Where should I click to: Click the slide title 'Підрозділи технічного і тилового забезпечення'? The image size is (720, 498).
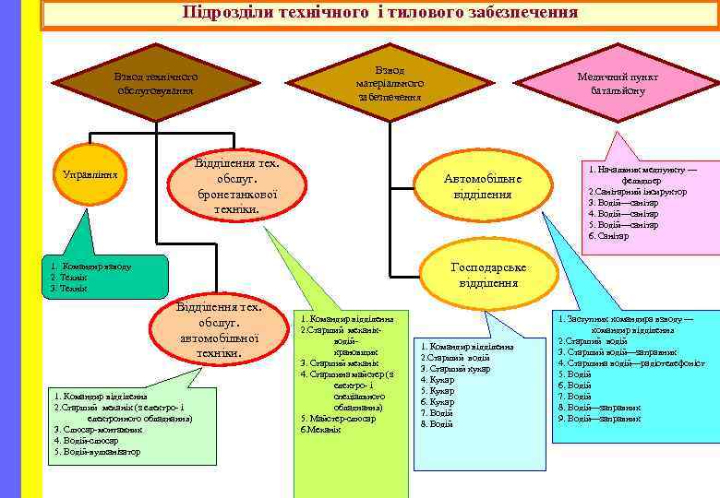point(380,13)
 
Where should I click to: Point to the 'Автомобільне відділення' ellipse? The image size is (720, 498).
point(483,186)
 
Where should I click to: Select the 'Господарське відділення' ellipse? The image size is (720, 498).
point(488,275)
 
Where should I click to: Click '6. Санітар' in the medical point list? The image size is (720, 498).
point(610,236)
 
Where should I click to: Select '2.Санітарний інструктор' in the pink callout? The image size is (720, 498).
point(637,192)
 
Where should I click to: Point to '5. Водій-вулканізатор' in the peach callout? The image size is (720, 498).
point(98,452)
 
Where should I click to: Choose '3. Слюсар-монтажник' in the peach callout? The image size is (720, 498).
point(98,430)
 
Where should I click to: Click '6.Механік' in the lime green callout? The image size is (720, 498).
point(321,429)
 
